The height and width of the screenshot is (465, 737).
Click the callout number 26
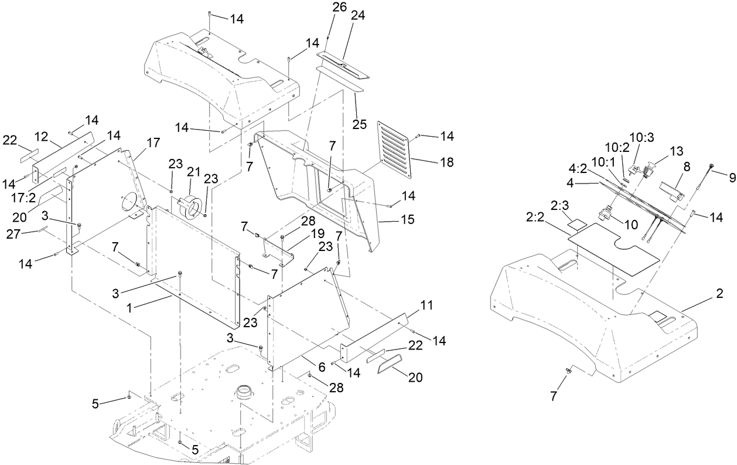pos(339,8)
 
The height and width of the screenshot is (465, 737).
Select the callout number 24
pos(357,16)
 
